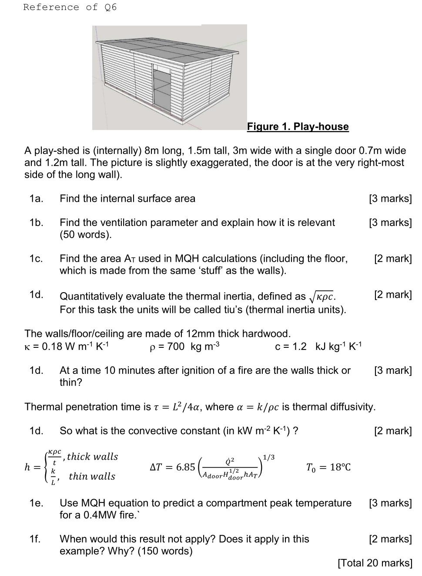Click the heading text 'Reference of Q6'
pos(70,7)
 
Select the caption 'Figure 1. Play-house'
pos(298,127)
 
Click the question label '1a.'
pos(37,199)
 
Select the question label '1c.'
pos(37,259)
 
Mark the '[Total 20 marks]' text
pos(375,563)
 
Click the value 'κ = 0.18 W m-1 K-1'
pos(67,346)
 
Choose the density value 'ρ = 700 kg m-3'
pos(184,346)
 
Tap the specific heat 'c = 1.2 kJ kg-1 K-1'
pos(318,346)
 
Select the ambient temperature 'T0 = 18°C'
pos(328,467)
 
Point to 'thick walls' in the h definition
pos(92,456)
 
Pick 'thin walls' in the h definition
pos(92,476)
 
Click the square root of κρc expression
pos(322,297)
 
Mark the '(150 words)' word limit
pos(165,551)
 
